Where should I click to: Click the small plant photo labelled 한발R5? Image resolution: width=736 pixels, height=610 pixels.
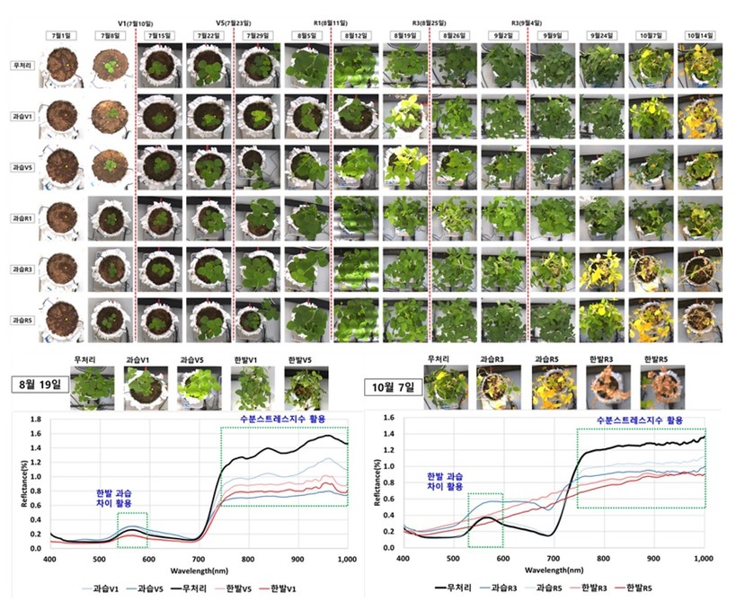[x=656, y=388]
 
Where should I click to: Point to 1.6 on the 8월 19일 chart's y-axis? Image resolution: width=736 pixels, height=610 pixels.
[x=36, y=420]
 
